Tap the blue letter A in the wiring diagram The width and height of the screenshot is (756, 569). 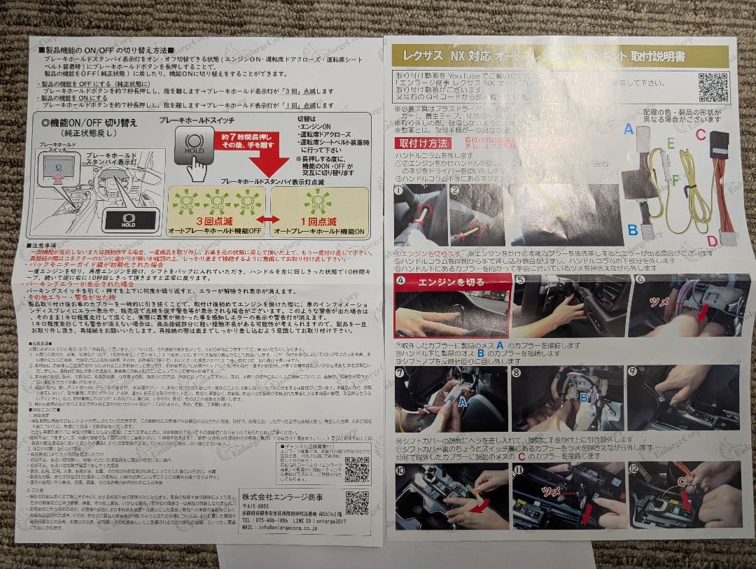point(628,129)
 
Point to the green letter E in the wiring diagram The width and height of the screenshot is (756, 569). point(670,143)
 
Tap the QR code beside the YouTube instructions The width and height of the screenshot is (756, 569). point(713,88)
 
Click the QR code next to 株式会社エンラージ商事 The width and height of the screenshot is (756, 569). point(356,503)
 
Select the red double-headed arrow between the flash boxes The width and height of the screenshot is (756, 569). point(266,219)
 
